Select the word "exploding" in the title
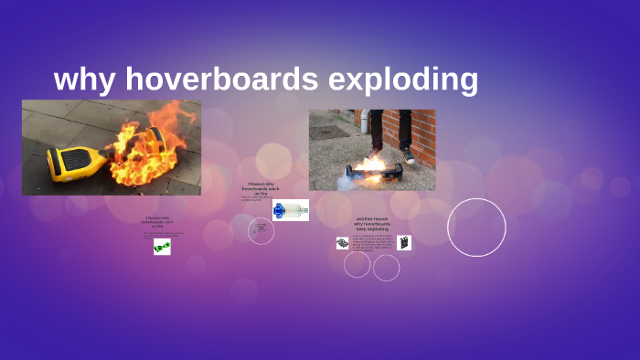(403, 79)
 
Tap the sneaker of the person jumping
(407, 155)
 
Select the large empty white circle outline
(476, 227)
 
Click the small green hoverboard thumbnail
(162, 247)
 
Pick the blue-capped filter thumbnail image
(291, 210)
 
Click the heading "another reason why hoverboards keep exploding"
(372, 225)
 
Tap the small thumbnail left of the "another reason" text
(342, 243)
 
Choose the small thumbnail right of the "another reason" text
(404, 243)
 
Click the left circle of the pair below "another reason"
(357, 264)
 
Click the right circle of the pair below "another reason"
(387, 268)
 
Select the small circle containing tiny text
(261, 230)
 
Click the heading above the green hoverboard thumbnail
(162, 220)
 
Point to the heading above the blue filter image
(261, 188)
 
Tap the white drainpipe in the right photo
(364, 122)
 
